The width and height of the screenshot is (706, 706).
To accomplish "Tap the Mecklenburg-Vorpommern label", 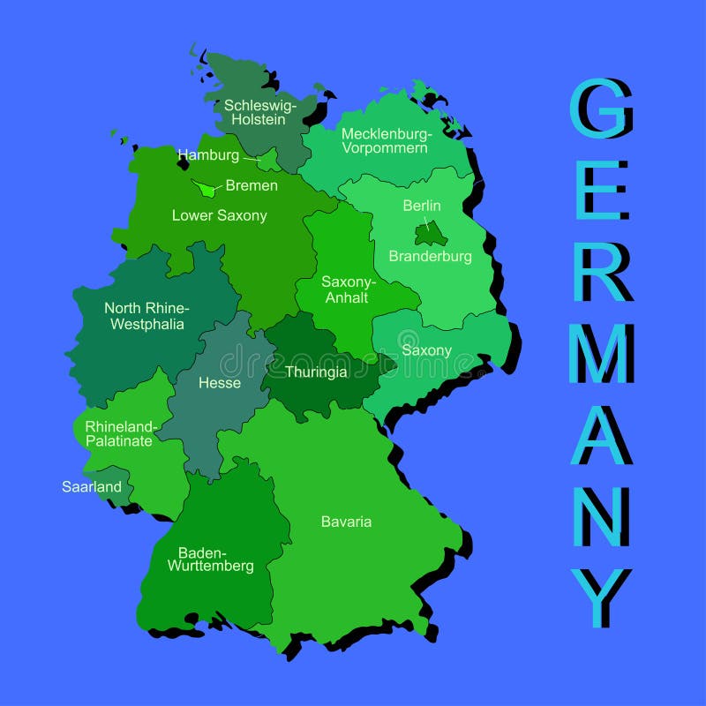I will pos(385,141).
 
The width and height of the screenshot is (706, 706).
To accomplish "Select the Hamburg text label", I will pos(208,155).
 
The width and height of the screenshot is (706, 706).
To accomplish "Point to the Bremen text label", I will pos(252,185).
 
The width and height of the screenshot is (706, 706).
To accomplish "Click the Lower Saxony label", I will pos(219,215).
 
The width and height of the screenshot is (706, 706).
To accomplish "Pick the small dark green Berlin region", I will pos(432,233).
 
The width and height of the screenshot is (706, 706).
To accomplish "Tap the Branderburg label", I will pos(431,257).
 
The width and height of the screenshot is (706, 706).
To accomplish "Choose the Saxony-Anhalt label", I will pos(349,289).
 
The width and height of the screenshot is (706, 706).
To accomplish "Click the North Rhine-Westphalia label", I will pos(146,316).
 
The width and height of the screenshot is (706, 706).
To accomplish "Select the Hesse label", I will pos(220,383).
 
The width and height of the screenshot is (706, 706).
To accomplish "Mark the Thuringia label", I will pos(316,372).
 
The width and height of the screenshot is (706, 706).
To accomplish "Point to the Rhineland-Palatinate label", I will pos(119,433).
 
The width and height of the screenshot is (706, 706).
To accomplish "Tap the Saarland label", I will pos(92,486).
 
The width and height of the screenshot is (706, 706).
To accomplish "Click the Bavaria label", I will pos(346,522).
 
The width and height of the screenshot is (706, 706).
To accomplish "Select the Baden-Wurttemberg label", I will pos(211,560).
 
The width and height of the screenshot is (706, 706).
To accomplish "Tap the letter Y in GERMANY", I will pos(600,597).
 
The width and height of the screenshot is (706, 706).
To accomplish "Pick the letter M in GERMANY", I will pos(601,353).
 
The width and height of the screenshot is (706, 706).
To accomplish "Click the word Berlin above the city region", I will pos(421,206).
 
